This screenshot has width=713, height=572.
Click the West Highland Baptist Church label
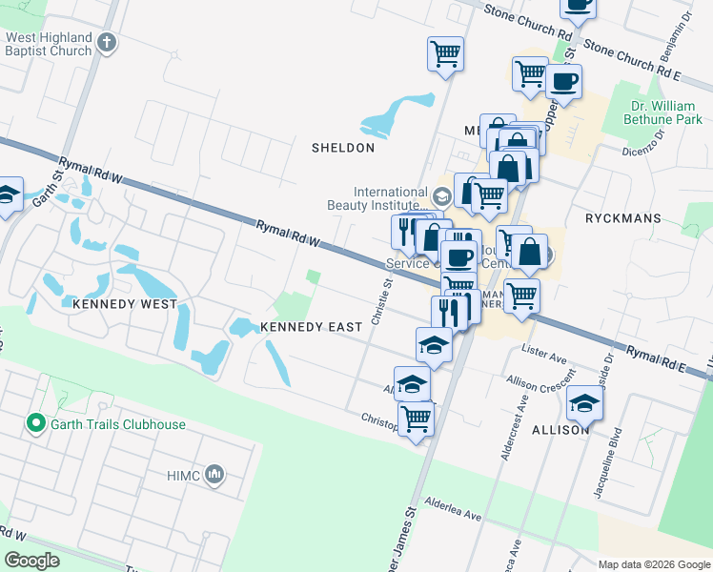(x=49, y=44)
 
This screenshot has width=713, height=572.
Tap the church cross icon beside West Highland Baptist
(x=107, y=43)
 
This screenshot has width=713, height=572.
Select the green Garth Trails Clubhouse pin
(x=36, y=421)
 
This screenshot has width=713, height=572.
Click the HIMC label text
(x=180, y=475)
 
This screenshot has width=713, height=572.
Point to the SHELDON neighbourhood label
(x=343, y=148)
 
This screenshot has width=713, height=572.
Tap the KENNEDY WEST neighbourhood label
(x=124, y=303)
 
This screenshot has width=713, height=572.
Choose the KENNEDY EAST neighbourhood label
(x=311, y=327)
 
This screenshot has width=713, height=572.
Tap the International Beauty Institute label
(x=390, y=198)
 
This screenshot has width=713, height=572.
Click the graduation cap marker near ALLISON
(x=584, y=402)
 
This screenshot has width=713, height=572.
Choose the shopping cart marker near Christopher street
(x=416, y=418)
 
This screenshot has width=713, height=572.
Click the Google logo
(x=32, y=561)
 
